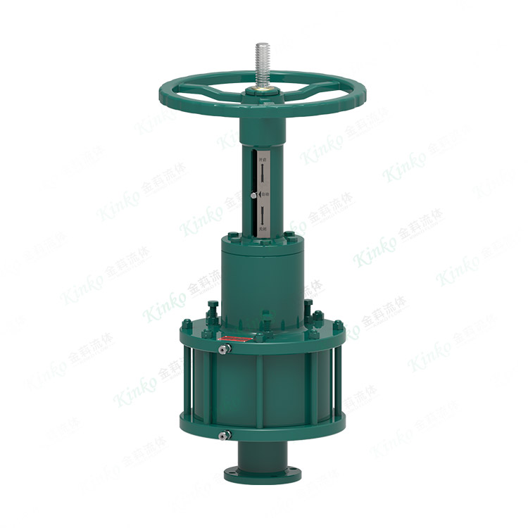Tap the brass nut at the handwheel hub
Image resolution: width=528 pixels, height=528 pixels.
[x=264, y=91]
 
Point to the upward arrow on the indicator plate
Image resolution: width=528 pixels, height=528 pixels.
[x=263, y=172]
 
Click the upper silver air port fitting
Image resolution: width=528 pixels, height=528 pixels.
[x=222, y=348]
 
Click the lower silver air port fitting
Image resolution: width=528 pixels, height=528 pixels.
[x=222, y=434]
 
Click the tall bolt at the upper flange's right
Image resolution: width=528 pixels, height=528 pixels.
[x=308, y=310]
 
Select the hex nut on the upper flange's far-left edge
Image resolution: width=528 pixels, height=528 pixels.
[x=186, y=326]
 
